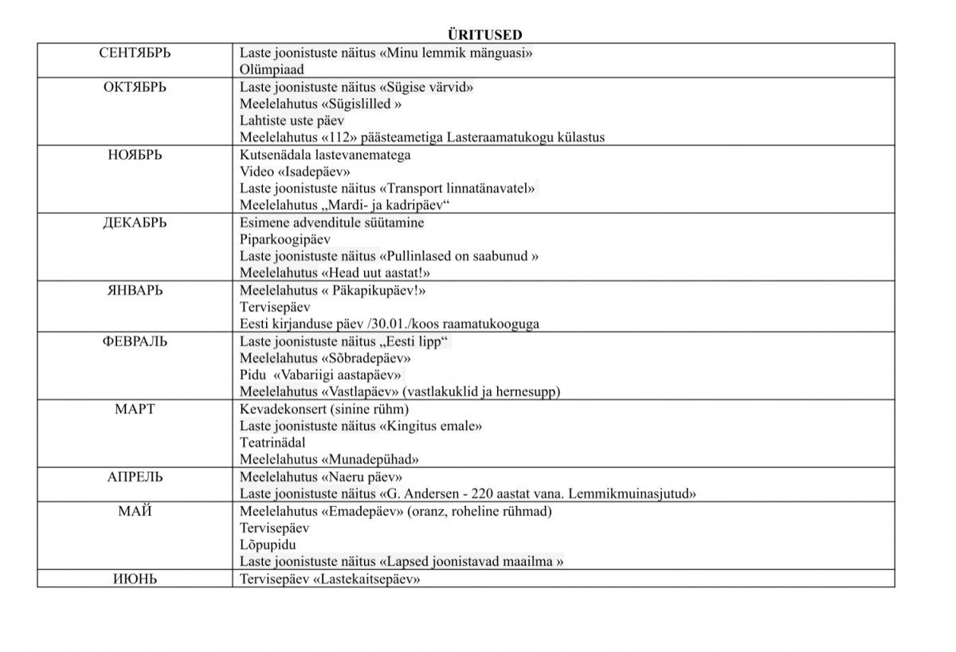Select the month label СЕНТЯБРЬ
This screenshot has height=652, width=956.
pos(135,53)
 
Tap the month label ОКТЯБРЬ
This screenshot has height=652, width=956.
pos(135,87)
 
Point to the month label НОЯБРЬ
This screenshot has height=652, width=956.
pos(135,155)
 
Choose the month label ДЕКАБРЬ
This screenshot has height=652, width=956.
pos(135,222)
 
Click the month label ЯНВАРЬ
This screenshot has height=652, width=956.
pos(135,290)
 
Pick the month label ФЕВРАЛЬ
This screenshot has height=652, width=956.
pos(135,341)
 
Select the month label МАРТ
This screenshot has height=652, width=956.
pos(135,409)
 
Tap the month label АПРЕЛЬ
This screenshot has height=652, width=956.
pos(135,477)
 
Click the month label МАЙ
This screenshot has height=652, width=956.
pos(135,511)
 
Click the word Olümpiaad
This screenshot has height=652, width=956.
pos(272,70)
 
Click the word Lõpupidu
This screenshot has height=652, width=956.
pos(268,545)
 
